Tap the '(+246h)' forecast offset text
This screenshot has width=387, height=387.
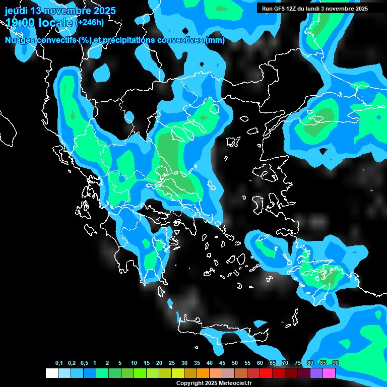tap(90, 23)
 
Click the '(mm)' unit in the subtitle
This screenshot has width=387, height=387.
tap(215, 40)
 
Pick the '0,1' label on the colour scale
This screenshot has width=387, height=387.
tap(59, 363)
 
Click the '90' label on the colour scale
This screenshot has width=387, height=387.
tap(336, 363)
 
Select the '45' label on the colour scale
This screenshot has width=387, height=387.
tap(222, 363)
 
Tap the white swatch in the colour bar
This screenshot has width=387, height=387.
tap(51, 373)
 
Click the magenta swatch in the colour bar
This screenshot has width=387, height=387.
tap(329, 373)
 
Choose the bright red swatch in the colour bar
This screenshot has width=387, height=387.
tap(266, 373)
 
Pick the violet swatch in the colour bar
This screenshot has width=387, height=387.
tap(316, 373)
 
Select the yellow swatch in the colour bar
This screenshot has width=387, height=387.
tap(178, 373)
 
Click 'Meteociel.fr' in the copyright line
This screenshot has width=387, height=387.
tap(235, 383)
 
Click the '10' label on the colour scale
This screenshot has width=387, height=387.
tap(134, 363)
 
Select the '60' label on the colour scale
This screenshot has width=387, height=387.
tap(260, 363)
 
